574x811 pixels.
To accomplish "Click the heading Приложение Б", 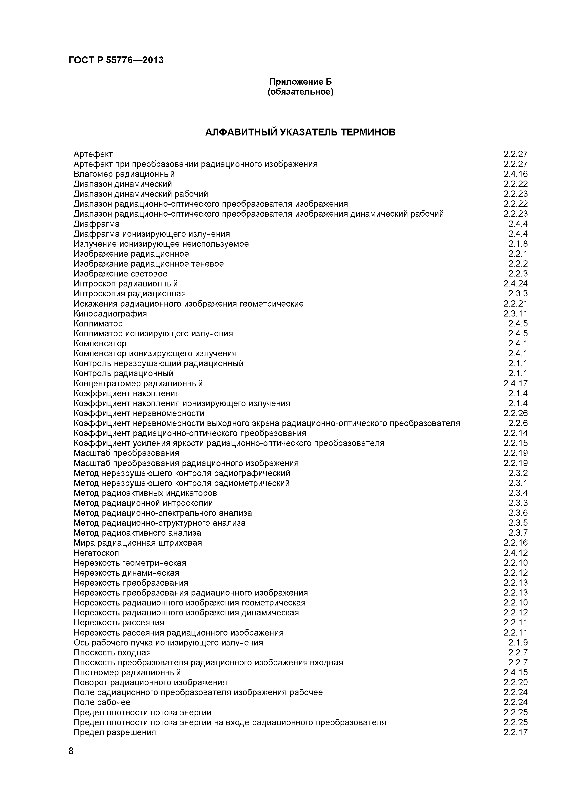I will click(301, 82).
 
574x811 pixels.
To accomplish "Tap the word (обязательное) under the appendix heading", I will click(301, 92).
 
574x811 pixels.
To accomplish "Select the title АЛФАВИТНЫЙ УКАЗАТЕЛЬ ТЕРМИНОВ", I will click(301, 132).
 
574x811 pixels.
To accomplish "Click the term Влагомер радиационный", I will click(124, 174).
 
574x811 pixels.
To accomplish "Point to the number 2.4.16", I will click(515, 174).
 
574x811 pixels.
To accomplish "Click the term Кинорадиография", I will click(110, 314).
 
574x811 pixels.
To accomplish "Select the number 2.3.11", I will click(515, 314).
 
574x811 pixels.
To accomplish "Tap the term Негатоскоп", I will click(96, 553).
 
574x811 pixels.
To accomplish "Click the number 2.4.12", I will click(515, 553).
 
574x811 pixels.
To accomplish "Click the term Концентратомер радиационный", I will click(138, 384).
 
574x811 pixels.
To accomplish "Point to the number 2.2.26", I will click(515, 413).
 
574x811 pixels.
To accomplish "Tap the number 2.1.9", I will click(518, 642).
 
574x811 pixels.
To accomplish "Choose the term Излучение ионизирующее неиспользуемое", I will click(161, 244).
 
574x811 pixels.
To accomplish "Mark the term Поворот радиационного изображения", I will click(150, 682).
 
